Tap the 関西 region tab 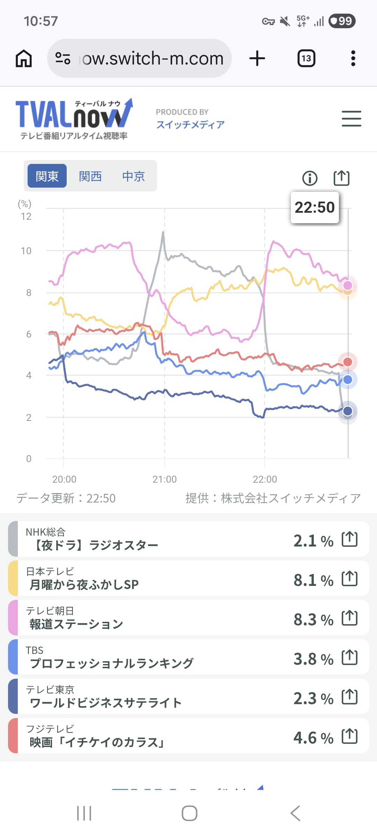point(90,176)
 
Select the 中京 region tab point(133,176)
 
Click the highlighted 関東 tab point(47,176)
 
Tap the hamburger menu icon point(351,119)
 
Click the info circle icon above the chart point(310,178)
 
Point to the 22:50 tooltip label point(315,208)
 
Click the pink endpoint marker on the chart point(348,285)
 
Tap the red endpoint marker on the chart point(348,362)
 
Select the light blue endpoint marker point(348,379)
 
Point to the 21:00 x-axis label point(164,479)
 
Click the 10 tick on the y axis point(26,251)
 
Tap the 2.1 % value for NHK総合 point(313,541)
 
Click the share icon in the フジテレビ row point(349,736)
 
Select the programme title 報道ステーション point(76,624)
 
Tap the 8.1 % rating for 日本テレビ point(313,580)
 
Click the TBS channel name point(35,650)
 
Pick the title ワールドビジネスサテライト point(106,703)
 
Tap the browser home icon point(24,58)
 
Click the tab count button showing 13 point(306,58)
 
